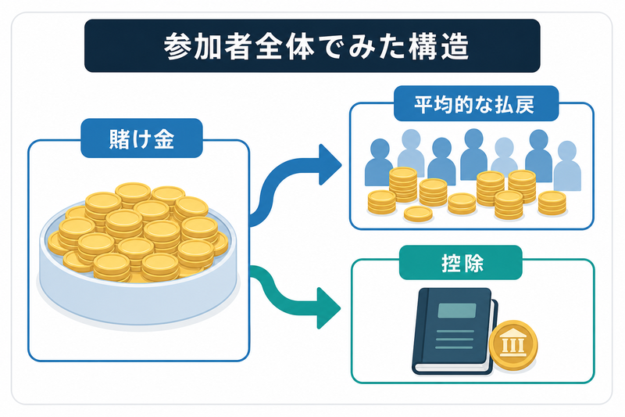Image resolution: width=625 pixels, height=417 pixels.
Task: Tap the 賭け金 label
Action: [x=141, y=138]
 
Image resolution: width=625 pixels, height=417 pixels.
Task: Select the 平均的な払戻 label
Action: [x=476, y=104]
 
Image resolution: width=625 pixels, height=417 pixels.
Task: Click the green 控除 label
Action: [x=461, y=263]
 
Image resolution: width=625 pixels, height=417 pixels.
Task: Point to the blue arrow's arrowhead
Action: [x=329, y=165]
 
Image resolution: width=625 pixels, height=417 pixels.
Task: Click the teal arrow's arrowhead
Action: [x=328, y=308]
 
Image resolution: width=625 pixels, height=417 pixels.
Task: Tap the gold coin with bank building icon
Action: [x=513, y=346]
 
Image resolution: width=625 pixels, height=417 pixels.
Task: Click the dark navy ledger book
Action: [x=455, y=330]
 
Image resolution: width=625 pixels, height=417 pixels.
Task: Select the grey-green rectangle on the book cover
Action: [x=457, y=311]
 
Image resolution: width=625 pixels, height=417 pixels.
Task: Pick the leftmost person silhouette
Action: [x=378, y=162]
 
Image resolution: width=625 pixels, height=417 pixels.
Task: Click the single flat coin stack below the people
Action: [x=418, y=214]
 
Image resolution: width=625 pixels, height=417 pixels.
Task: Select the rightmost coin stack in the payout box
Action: [x=552, y=203]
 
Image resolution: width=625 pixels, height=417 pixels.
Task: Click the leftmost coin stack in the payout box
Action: [x=381, y=203]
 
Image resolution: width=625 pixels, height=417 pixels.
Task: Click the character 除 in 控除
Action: [x=474, y=264]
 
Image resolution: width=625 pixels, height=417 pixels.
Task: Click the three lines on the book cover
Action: [x=455, y=340]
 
